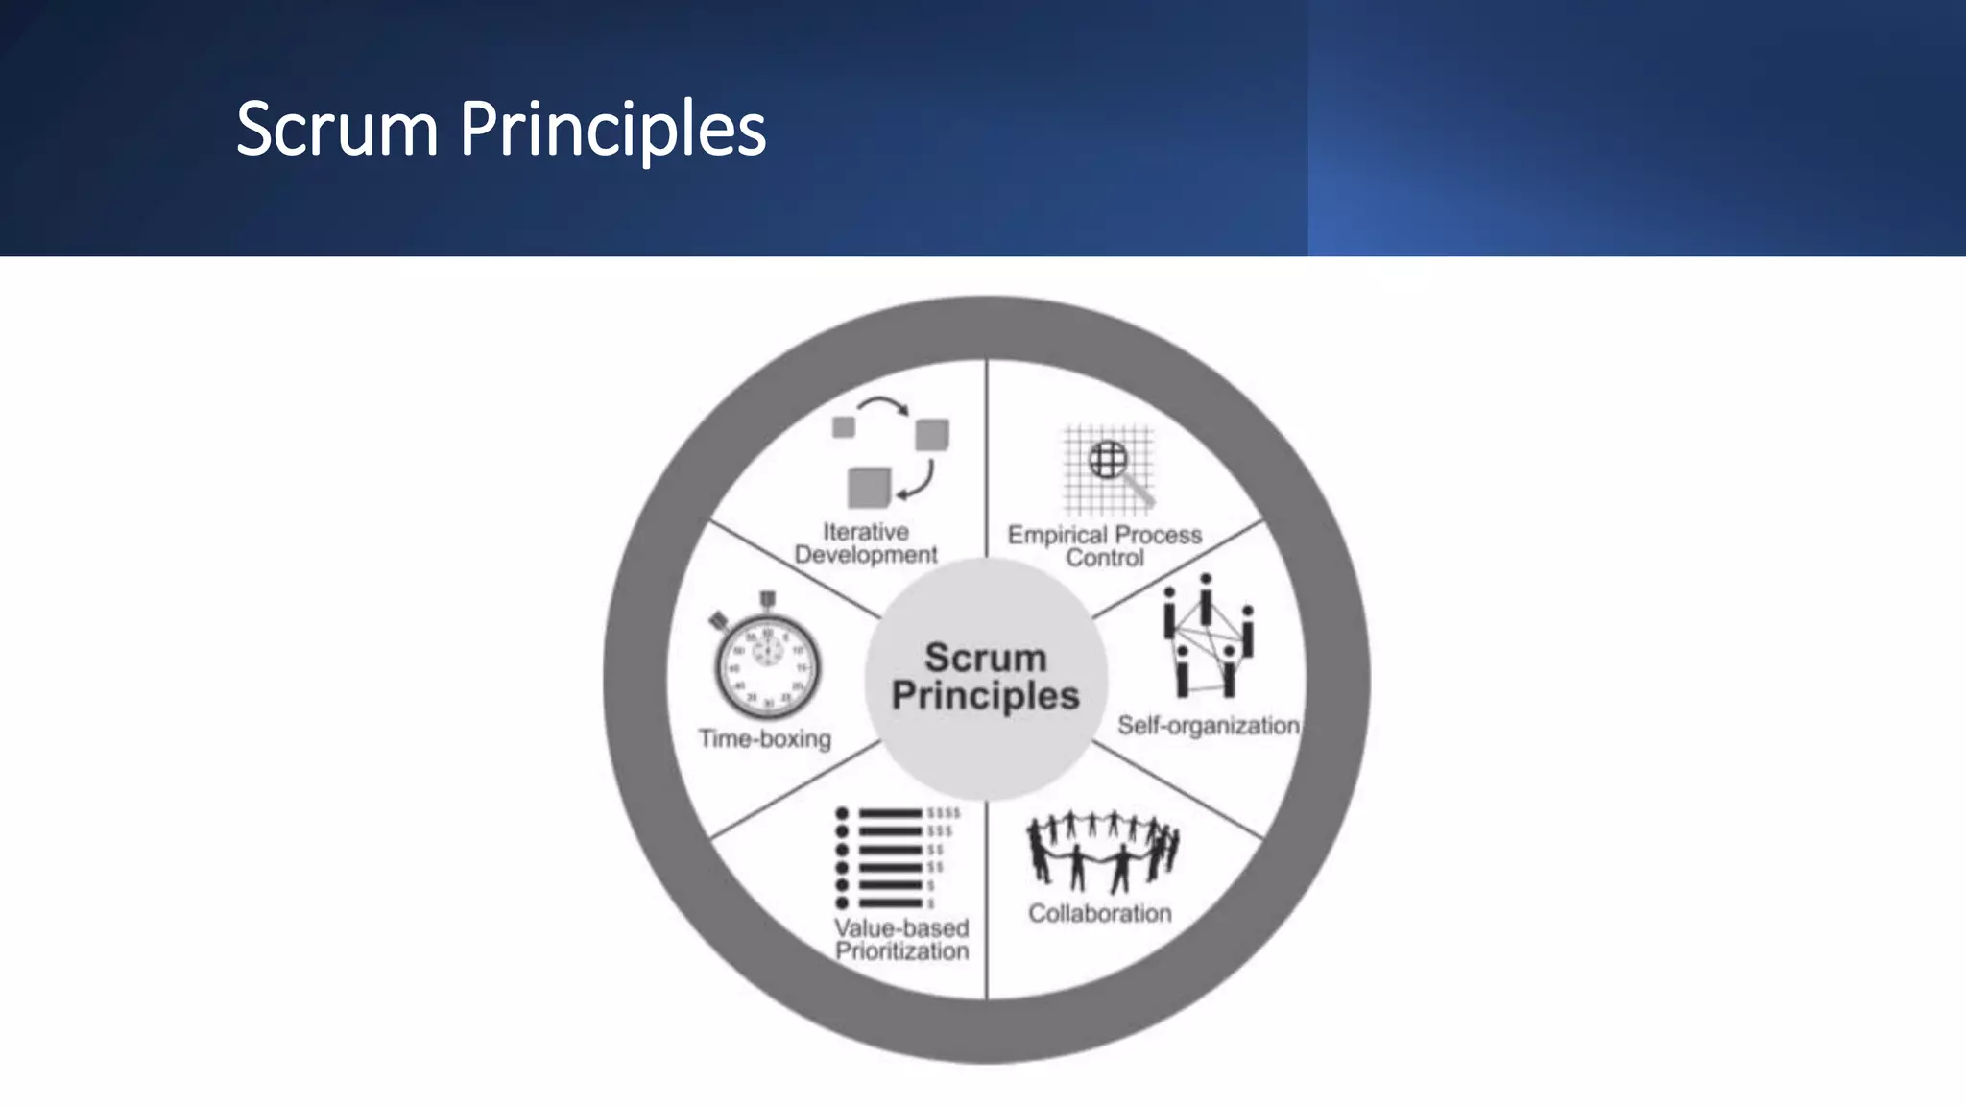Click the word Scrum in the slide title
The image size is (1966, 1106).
(336, 129)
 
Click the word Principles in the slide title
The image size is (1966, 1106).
(612, 129)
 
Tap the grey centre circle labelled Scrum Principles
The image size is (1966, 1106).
(986, 678)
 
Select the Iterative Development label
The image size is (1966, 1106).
(866, 543)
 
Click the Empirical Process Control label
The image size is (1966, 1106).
(1104, 546)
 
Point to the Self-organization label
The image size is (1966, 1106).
(1208, 726)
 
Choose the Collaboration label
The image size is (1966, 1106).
(1100, 913)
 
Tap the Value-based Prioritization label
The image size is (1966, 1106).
(901, 940)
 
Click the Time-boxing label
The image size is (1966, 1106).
(765, 739)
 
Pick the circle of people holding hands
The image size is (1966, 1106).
(1102, 850)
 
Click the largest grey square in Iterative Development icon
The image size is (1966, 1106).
(869, 487)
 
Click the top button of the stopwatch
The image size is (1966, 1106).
(767, 600)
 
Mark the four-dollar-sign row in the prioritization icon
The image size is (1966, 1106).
(943, 813)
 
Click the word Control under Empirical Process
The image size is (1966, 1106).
(1105, 558)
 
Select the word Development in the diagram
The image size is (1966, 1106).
(866, 555)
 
